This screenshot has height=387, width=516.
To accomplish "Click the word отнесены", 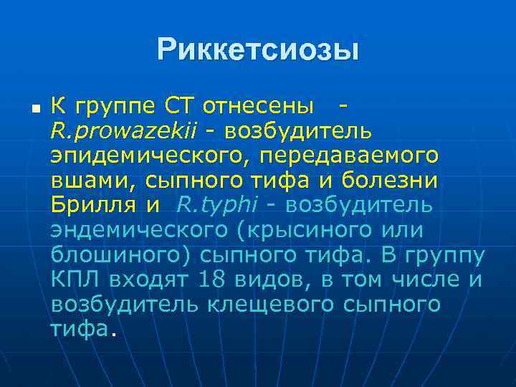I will point(259,107).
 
